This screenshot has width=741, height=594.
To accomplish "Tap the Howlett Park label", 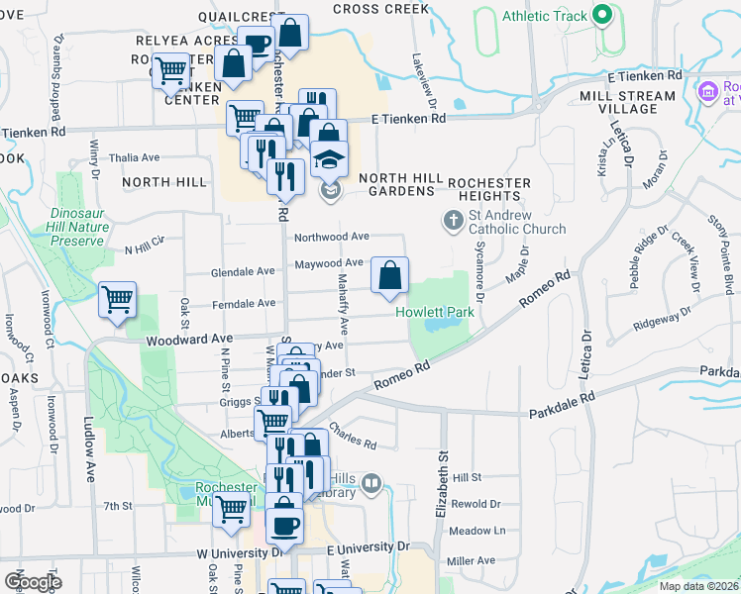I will (x=435, y=312).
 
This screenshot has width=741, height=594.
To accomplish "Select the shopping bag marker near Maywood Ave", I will (x=390, y=276).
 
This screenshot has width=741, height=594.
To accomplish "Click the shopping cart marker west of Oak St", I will (x=118, y=299).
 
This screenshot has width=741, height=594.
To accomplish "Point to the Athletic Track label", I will (x=544, y=16).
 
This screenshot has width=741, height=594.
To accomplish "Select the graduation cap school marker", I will (x=329, y=157).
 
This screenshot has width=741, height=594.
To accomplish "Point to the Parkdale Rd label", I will (x=561, y=403).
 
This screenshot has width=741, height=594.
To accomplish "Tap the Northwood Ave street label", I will (x=331, y=237).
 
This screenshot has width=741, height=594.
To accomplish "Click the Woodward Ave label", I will (x=182, y=339).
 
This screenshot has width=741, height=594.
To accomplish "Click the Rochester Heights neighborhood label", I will (x=489, y=190).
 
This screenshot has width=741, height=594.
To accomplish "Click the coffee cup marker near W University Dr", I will (x=285, y=526).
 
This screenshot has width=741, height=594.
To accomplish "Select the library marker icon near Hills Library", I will (x=371, y=483).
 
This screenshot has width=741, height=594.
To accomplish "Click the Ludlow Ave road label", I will (x=88, y=445).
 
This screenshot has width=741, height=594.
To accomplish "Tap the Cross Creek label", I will (x=381, y=9).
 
